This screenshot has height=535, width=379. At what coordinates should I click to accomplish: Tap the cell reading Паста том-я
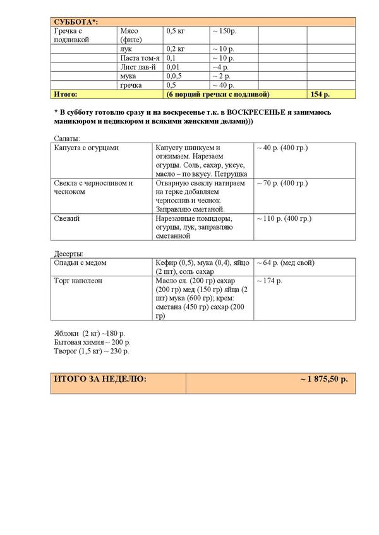[139, 57]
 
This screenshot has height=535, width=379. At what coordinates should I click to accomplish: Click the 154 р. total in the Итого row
[321, 94]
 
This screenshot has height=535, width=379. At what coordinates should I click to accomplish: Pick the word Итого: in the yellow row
[66, 94]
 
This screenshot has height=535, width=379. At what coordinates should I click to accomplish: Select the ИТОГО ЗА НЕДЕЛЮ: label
[100, 379]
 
